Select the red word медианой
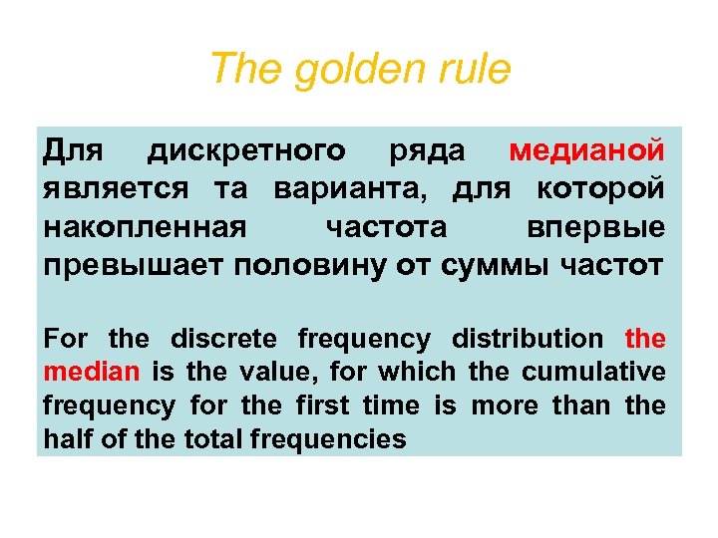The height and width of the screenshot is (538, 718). pyautogui.click(x=587, y=151)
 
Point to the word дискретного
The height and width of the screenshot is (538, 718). pyautogui.click(x=246, y=151)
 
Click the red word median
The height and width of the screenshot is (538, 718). pyautogui.click(x=93, y=373)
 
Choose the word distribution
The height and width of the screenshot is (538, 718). pyautogui.click(x=528, y=339)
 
